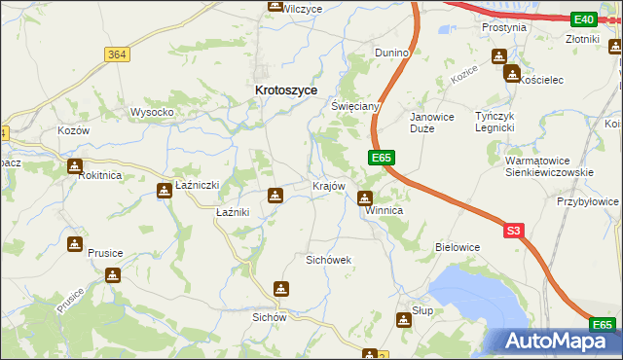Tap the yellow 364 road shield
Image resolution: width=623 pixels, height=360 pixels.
click(x=117, y=55)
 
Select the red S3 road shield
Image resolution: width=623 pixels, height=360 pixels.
click(x=514, y=231)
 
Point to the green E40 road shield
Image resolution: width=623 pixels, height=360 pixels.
click(x=583, y=19)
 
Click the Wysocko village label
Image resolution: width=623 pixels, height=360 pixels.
click(x=152, y=112)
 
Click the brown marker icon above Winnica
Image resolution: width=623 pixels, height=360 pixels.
click(x=366, y=198)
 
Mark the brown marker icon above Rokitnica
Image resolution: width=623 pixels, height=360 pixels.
click(x=74, y=166)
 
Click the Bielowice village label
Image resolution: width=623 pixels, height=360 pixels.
click(x=458, y=247)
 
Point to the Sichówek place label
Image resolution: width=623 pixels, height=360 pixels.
click(x=328, y=260)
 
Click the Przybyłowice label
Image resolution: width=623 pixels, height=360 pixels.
click(x=588, y=201)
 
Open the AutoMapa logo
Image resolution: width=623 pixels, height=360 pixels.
click(x=557, y=341)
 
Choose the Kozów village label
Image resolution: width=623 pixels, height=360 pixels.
click(x=73, y=130)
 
